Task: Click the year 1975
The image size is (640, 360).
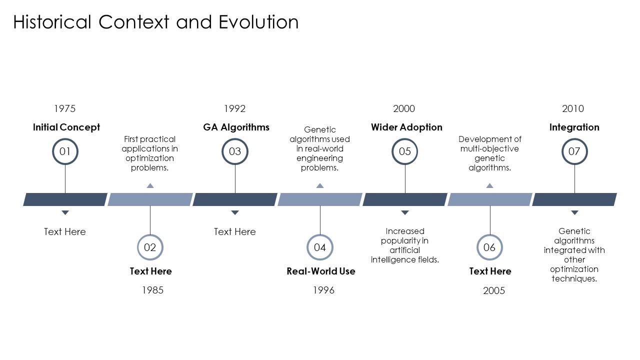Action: (x=65, y=108)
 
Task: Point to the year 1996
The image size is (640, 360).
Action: (x=323, y=290)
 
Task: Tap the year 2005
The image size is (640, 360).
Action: (x=494, y=290)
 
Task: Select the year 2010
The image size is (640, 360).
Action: (x=573, y=108)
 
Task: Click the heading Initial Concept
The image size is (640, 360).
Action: (x=66, y=127)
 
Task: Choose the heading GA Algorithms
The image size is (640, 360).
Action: (x=236, y=127)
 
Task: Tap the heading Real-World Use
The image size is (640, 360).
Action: (x=321, y=271)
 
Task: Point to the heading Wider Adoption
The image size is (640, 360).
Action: (x=406, y=127)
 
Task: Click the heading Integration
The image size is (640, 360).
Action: (x=574, y=127)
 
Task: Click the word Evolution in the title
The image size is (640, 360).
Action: (x=258, y=22)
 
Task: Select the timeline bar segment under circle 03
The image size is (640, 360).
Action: (x=235, y=199)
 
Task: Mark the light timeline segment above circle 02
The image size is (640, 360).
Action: (x=150, y=199)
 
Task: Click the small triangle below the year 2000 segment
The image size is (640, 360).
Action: (x=405, y=212)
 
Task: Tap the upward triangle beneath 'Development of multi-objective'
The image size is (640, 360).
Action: (x=489, y=185)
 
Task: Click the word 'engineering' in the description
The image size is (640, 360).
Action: (x=319, y=158)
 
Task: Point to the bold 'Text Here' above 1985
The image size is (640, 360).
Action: (x=151, y=271)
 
